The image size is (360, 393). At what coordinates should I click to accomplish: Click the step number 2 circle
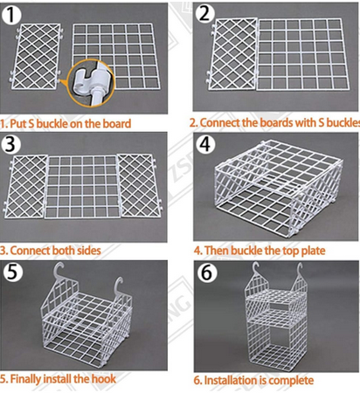[206, 13]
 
